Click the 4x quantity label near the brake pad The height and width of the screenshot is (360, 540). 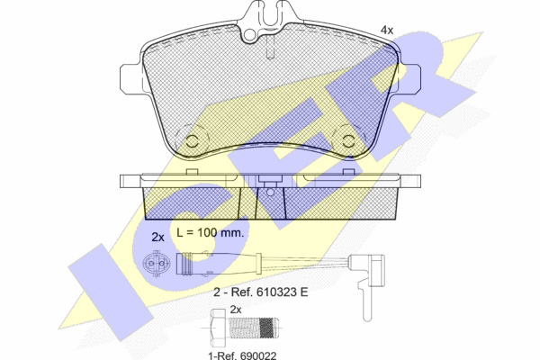(x=386, y=31)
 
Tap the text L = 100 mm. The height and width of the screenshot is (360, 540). (x=210, y=232)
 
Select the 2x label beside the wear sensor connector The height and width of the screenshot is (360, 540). (x=158, y=237)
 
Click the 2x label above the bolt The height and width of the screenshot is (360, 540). (x=236, y=310)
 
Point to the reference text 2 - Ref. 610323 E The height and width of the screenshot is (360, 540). (x=261, y=292)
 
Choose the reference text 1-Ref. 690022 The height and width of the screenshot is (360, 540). (x=242, y=355)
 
